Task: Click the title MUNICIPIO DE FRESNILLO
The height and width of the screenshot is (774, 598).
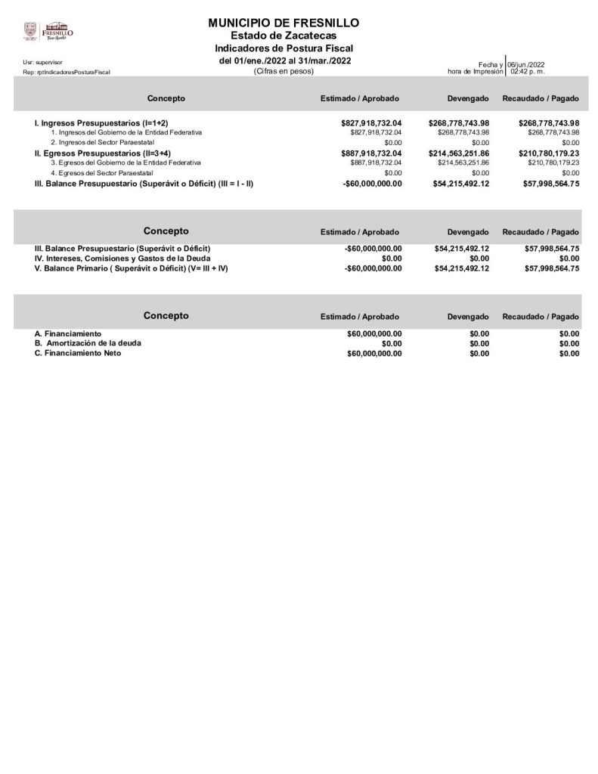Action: pos(284,23)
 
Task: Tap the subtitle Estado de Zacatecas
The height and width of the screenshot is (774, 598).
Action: pos(284,36)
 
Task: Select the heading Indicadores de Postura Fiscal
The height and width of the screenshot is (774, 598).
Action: pos(284,48)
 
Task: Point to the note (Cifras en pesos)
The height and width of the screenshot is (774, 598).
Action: pos(284,71)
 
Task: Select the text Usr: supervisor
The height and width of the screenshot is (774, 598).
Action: pos(42,62)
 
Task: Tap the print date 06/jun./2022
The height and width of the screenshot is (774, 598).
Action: pos(526,64)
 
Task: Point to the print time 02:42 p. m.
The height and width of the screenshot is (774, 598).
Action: pos(527,71)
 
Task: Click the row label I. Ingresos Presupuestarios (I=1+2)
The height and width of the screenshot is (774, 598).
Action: pos(101,123)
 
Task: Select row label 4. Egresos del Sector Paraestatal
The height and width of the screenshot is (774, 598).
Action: pos(101,172)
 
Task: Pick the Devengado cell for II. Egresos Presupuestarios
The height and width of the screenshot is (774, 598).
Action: pos(459,153)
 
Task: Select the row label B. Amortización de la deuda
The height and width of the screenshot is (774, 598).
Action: pos(88,343)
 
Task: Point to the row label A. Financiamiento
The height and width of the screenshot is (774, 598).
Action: pos(68,333)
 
